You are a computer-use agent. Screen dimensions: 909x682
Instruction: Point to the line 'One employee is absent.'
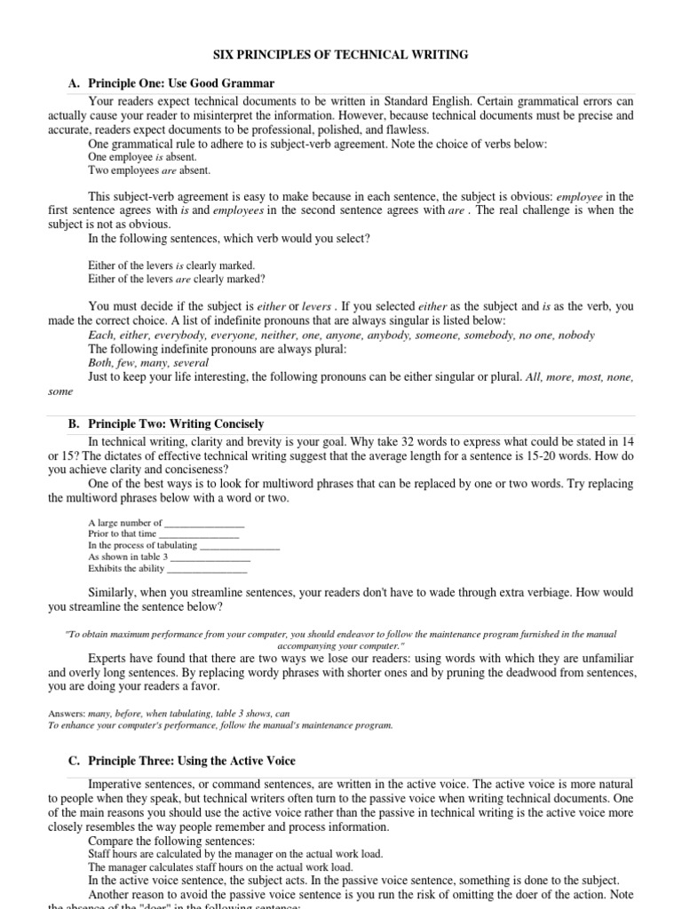[142, 156]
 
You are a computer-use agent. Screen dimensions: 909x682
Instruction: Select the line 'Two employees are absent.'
[149, 170]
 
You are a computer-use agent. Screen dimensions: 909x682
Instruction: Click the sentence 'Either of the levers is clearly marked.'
[171, 265]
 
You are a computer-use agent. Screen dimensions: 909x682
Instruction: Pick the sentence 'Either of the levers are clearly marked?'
[176, 279]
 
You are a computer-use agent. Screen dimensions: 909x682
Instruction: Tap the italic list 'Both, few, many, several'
[148, 362]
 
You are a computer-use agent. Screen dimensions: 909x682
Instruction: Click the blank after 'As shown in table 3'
[210, 557]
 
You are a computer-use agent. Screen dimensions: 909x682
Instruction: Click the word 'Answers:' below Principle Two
[67, 713]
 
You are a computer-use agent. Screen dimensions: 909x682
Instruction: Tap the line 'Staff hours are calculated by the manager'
[235, 853]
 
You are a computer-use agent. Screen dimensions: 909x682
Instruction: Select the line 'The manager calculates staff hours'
[220, 866]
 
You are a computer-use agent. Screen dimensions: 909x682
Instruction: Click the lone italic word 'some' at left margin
[59, 391]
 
